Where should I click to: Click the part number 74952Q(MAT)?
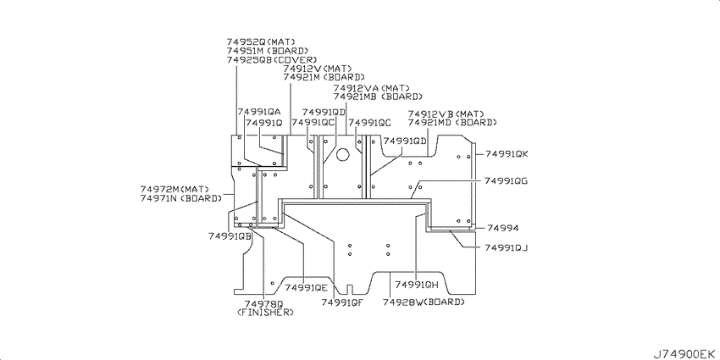pyautogui.click(x=260, y=42)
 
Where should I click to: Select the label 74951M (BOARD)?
pyautogui.click(x=267, y=51)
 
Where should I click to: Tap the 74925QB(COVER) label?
pyautogui.click(x=272, y=59)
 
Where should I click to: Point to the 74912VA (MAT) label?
pyautogui.click(x=372, y=88)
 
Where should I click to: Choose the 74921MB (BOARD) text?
pyautogui.click(x=378, y=97)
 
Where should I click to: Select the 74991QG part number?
pyautogui.click(x=506, y=181)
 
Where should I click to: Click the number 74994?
pyautogui.click(x=503, y=228)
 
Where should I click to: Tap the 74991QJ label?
pyautogui.click(x=507, y=248)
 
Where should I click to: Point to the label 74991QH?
pyautogui.click(x=417, y=285)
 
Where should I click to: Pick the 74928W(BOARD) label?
pyautogui.click(x=424, y=302)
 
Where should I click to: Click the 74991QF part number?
pyautogui.click(x=343, y=302)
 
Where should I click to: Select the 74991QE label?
pyautogui.click(x=306, y=288)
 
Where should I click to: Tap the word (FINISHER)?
pyautogui.click(x=265, y=313)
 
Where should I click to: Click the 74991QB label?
pyautogui.click(x=230, y=236)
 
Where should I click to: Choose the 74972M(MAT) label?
pyautogui.click(x=174, y=189)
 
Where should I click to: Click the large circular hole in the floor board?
pyautogui.click(x=342, y=155)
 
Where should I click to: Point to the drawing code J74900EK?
pyautogui.click(x=684, y=353)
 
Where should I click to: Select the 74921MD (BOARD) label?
pyautogui.click(x=452, y=123)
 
